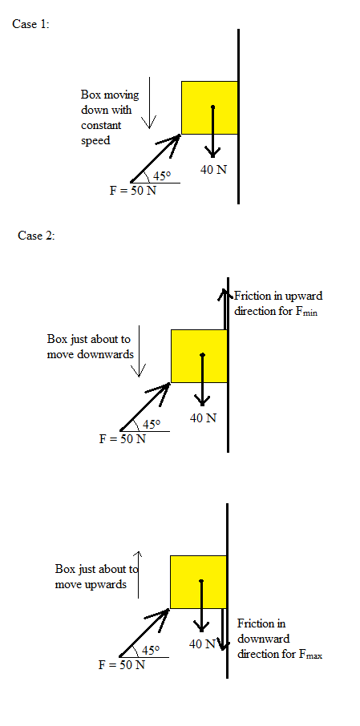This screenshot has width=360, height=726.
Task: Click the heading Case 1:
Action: pyautogui.click(x=30, y=25)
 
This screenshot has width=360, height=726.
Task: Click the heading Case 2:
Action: pyautogui.click(x=36, y=236)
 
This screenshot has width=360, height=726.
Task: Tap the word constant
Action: pyautogui.click(x=101, y=126)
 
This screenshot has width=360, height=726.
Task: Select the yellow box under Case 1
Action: pyautogui.click(x=209, y=108)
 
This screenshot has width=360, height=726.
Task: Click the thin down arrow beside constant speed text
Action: pyautogui.click(x=149, y=103)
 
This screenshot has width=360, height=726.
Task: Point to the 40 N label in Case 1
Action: pyautogui.click(x=213, y=170)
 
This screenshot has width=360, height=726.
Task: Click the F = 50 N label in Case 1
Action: pyautogui.click(x=132, y=190)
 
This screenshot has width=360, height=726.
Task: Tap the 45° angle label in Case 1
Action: pyautogui.click(x=162, y=176)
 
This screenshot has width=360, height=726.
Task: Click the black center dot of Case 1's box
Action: pyautogui.click(x=212, y=107)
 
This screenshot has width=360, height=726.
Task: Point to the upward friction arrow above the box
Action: pyautogui.click(x=224, y=309)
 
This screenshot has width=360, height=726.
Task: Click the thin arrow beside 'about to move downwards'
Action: pyautogui.click(x=139, y=351)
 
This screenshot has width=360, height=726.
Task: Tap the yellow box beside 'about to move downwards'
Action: pyautogui.click(x=199, y=356)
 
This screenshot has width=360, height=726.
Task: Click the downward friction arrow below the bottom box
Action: pyautogui.click(x=224, y=629)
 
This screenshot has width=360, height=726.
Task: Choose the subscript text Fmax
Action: pyautogui.click(x=310, y=655)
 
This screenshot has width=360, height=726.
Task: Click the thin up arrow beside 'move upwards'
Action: pyautogui.click(x=139, y=575)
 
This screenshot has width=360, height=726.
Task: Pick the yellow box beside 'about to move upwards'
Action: pyautogui.click(x=198, y=582)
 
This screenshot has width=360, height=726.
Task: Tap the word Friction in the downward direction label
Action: pyautogui.click(x=255, y=623)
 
